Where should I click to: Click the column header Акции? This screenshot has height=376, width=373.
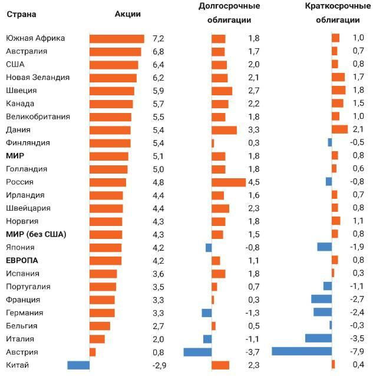(127, 14)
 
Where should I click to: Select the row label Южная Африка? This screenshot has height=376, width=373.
(35, 38)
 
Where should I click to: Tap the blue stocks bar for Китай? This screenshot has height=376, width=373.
(78, 365)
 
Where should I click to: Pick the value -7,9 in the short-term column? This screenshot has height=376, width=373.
(357, 352)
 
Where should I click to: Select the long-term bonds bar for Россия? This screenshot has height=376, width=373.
(229, 182)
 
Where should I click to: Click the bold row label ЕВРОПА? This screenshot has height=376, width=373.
(22, 260)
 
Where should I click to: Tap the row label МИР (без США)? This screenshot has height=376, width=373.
(36, 234)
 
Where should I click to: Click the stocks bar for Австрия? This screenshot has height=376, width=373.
(93, 352)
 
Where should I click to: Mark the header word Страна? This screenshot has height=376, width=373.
(21, 14)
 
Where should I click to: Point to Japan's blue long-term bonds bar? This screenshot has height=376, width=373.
(209, 247)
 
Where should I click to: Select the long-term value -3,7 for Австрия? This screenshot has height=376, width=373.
(253, 352)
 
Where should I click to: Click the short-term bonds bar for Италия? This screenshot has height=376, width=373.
(318, 339)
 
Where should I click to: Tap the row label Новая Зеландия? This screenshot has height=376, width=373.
(38, 77)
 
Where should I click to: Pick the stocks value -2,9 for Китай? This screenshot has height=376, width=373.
(160, 365)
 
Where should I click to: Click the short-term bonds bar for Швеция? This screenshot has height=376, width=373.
(339, 90)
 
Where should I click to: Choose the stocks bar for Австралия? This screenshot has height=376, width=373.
(115, 51)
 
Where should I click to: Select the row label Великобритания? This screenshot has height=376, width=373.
(38, 117)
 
